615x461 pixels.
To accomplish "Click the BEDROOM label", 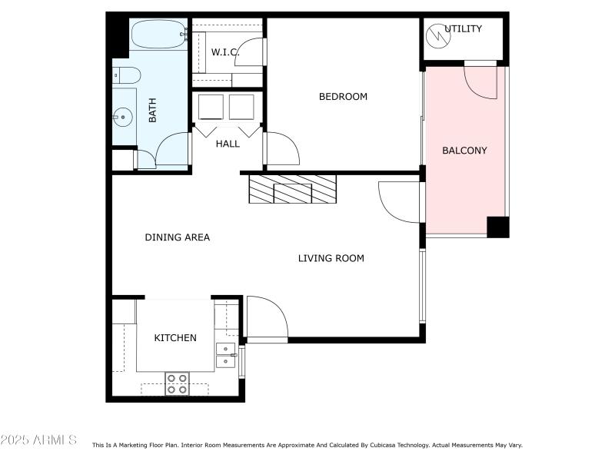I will (x=343, y=97).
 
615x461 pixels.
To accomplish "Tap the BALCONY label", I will (x=464, y=151).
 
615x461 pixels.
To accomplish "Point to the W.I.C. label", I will (x=225, y=52).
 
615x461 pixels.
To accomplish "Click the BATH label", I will (x=152, y=114).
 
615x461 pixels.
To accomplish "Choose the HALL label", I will (x=228, y=144).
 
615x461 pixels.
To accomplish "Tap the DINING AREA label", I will (x=177, y=237).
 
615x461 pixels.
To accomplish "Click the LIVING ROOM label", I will (x=331, y=258).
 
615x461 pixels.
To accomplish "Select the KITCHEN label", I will (x=175, y=338).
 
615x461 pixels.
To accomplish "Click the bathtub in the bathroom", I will (x=158, y=34).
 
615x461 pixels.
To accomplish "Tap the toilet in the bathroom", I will (x=126, y=75).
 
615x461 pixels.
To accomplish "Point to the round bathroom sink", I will (x=122, y=118).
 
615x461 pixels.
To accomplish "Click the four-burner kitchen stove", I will (x=177, y=383).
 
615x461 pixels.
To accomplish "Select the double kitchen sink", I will (x=226, y=355).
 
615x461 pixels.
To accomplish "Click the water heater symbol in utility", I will (x=436, y=34).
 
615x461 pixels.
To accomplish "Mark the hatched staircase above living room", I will (x=293, y=189).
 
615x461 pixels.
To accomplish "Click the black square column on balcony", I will (x=497, y=227).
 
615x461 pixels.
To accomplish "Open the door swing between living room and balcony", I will (x=400, y=201).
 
